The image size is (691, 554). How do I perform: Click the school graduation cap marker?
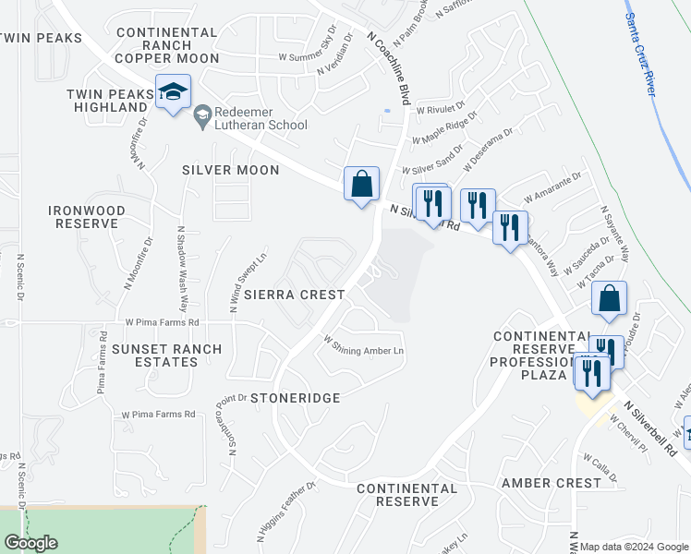[173, 91]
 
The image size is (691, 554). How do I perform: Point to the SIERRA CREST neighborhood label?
[294, 295]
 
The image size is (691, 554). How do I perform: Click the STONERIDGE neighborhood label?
[294, 397]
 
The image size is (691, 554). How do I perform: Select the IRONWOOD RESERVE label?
[85, 217]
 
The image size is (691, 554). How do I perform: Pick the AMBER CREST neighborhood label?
[552, 483]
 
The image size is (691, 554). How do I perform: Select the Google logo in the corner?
[30, 543]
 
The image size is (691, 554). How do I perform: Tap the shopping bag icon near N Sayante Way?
[609, 299]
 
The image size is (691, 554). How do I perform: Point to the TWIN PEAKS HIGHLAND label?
[107, 101]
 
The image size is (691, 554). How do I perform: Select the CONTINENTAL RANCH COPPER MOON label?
[166, 45]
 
